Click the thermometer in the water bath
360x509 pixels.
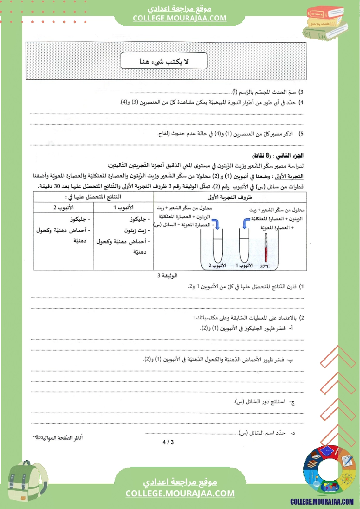[266, 247]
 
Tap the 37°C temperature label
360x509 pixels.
[265, 266]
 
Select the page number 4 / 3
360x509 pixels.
[168, 443]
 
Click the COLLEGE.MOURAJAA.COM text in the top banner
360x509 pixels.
[180, 18]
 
